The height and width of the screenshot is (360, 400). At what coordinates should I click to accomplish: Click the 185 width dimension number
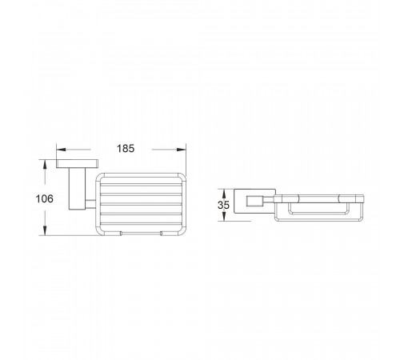(126, 149)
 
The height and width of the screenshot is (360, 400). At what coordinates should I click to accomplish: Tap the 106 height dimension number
(45, 198)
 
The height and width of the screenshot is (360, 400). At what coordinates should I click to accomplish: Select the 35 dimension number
(223, 205)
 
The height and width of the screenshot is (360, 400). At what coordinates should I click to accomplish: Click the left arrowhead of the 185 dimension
(61, 150)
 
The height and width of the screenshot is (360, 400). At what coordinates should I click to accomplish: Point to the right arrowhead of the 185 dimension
(182, 150)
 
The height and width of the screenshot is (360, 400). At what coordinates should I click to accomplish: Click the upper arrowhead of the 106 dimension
(45, 164)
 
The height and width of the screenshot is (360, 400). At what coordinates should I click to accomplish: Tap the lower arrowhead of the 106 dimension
(45, 230)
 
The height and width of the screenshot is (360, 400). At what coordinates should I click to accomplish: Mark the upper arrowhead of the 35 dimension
(224, 194)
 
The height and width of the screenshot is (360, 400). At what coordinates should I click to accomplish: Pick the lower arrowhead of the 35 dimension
(224, 216)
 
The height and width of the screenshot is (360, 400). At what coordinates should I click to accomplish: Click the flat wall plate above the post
(78, 164)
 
